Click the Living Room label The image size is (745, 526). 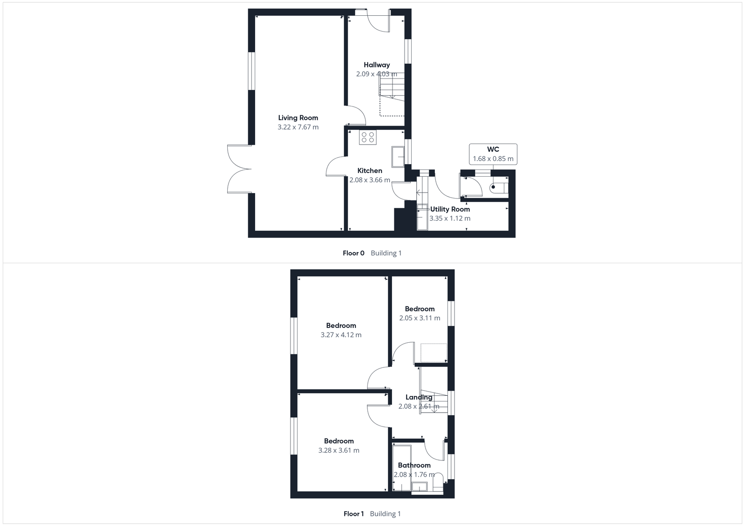pyautogui.click(x=298, y=118)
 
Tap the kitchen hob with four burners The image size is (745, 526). pyautogui.click(x=367, y=137)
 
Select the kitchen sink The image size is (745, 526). pyautogui.click(x=398, y=156)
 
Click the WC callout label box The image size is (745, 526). pyautogui.click(x=493, y=154)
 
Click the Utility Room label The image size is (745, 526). pyautogui.click(x=450, y=209)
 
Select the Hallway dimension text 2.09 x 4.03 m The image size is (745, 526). pyautogui.click(x=376, y=74)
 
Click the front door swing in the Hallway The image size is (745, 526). pyautogui.click(x=378, y=23)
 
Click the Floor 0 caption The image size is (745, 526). pyautogui.click(x=353, y=253)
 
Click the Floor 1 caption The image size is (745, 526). pyautogui.click(x=353, y=514)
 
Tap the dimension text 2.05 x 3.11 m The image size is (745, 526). pyautogui.click(x=420, y=318)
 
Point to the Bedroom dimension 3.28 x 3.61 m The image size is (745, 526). pyautogui.click(x=339, y=450)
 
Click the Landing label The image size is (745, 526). pyautogui.click(x=419, y=397)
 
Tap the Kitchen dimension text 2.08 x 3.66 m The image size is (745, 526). pyautogui.click(x=370, y=180)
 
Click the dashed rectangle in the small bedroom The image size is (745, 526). pyautogui.click(x=433, y=353)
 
